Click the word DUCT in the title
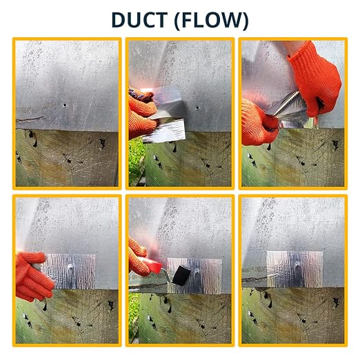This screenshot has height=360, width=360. coord(139,20)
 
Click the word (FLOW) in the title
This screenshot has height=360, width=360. coord(212,20)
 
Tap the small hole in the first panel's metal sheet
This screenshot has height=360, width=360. coord(65,106)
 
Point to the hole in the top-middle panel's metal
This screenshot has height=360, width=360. coord(197,108)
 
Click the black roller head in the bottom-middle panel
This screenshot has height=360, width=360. coord(181,275)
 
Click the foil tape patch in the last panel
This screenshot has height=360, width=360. coord(294,269)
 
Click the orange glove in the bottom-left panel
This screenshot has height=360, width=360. coord(33,277)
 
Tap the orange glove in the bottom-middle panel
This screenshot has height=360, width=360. coord(139,257)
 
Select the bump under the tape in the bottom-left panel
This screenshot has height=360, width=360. coord(70,267)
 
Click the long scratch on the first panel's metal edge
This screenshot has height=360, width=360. coord(30,119)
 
